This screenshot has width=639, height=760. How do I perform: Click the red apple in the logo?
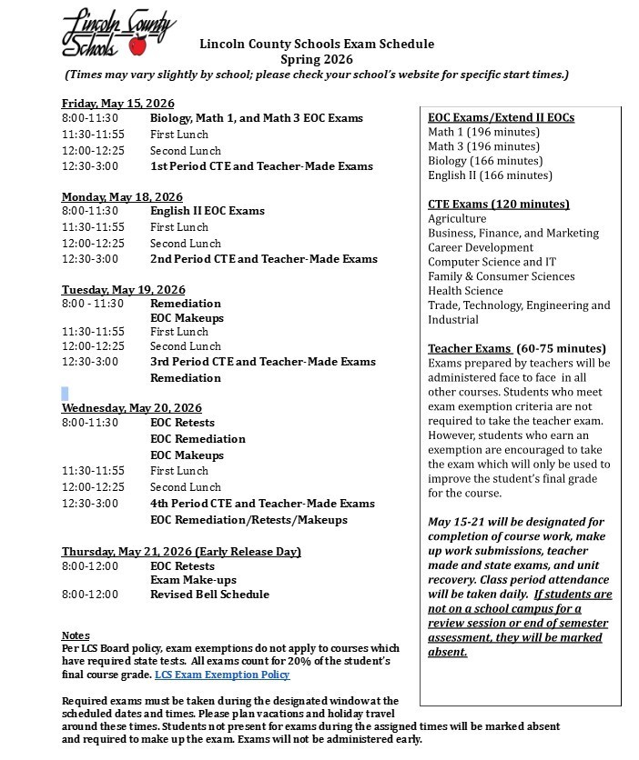click(x=138, y=45)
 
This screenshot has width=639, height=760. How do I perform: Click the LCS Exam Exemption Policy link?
click(x=222, y=675)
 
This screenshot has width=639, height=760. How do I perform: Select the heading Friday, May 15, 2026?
click(x=117, y=104)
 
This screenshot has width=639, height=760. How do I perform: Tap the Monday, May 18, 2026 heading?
click(x=122, y=197)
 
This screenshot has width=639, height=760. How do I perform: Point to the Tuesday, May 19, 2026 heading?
click(x=123, y=290)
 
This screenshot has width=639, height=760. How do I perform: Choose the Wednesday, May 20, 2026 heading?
click(x=132, y=408)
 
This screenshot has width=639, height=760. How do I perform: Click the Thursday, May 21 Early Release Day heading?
click(x=181, y=552)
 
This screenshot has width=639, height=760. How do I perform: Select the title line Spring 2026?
click(x=316, y=59)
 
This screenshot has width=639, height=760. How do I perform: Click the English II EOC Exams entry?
click(x=208, y=211)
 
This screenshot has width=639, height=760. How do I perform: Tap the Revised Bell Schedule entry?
click(x=209, y=595)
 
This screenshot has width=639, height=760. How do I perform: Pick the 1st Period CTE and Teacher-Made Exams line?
click(x=261, y=166)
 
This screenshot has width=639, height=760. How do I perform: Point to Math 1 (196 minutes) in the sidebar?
click(x=483, y=132)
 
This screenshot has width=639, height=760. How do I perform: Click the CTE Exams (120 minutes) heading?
click(x=499, y=204)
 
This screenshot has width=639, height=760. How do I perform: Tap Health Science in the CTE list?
click(x=465, y=291)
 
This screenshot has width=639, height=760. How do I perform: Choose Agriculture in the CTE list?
click(x=457, y=218)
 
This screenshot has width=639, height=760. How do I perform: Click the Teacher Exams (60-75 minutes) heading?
click(x=516, y=348)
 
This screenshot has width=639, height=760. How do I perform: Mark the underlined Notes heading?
click(x=76, y=635)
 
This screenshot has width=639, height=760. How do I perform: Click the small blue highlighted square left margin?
click(x=65, y=394)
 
